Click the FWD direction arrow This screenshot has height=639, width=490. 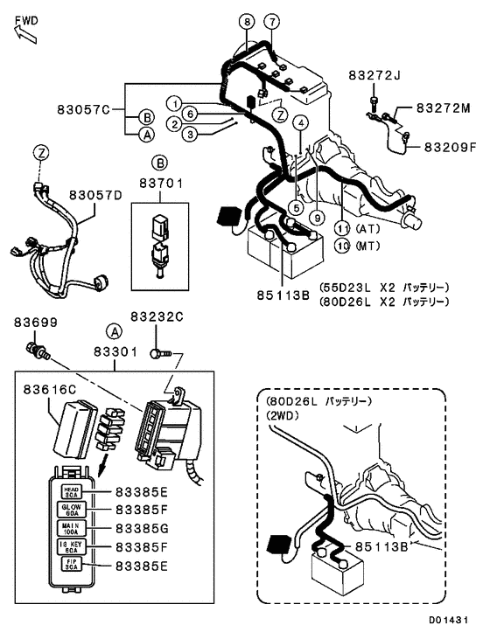point(24,31)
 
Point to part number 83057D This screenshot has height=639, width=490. point(95,194)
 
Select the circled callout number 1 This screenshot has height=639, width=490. point(175,101)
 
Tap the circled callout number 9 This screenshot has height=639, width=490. point(318,216)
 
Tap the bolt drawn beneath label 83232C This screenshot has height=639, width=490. point(157,354)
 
